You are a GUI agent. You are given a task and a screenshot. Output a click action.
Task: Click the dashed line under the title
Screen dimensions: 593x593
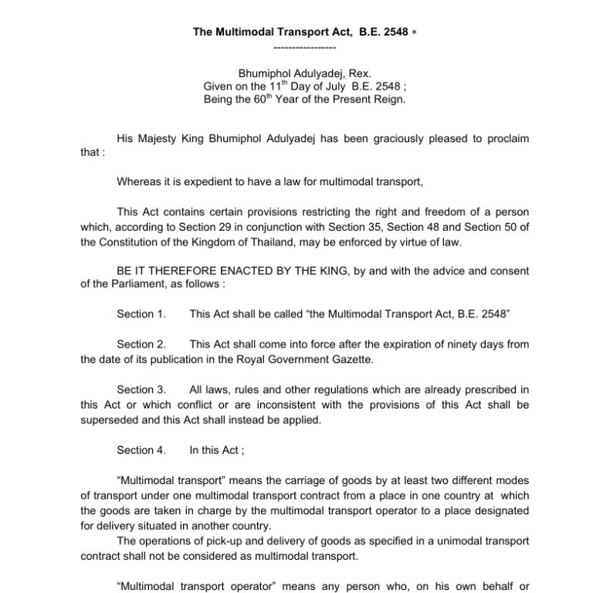(x=296, y=48)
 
